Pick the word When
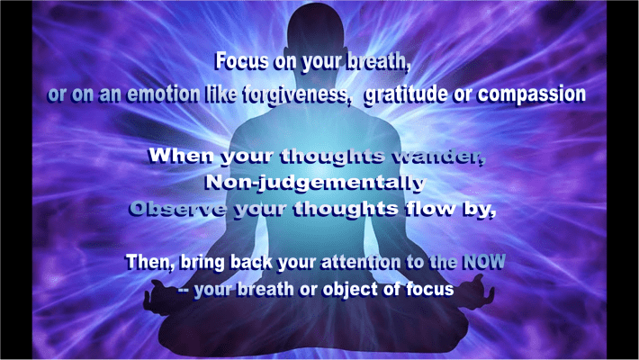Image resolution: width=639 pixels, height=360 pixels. pyautogui.click(x=178, y=155)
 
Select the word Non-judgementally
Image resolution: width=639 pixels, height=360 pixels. pyautogui.click(x=315, y=183)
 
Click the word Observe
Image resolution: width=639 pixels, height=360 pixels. pyautogui.click(x=173, y=211)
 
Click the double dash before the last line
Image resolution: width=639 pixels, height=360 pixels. pyautogui.click(x=179, y=291)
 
